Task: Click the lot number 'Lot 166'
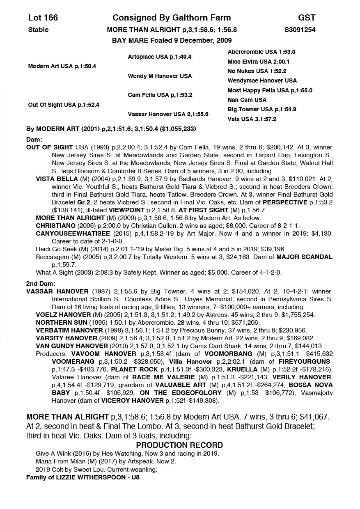[43, 18]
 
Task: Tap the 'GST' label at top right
[307, 18]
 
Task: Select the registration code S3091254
[300, 30]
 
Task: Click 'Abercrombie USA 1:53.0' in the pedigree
[261, 52]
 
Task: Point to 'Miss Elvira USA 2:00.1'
[259, 62]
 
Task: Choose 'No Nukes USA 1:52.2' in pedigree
[257, 71]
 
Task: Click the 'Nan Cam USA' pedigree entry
[247, 100]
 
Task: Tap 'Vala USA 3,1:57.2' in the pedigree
[252, 119]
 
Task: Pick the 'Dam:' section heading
[34, 140]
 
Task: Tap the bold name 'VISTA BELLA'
[57, 179]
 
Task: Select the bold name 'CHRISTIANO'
[56, 226]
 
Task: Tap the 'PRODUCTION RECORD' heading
[179, 445]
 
